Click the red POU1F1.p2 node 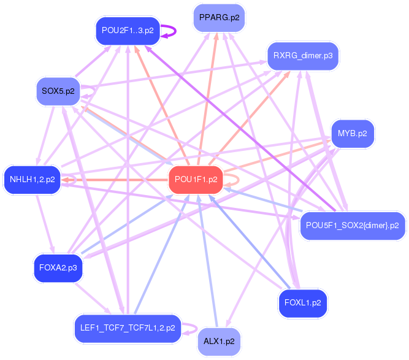click(196, 179)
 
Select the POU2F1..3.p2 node click(128, 30)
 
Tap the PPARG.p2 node click(219, 18)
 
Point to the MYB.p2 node click(352, 134)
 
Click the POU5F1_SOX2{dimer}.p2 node click(353, 225)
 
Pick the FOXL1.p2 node click(303, 302)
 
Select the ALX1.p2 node click(220, 341)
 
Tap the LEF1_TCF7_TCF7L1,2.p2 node click(128, 327)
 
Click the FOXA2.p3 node click(58, 268)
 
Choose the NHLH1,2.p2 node click(32, 180)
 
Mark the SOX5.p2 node click(58, 91)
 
